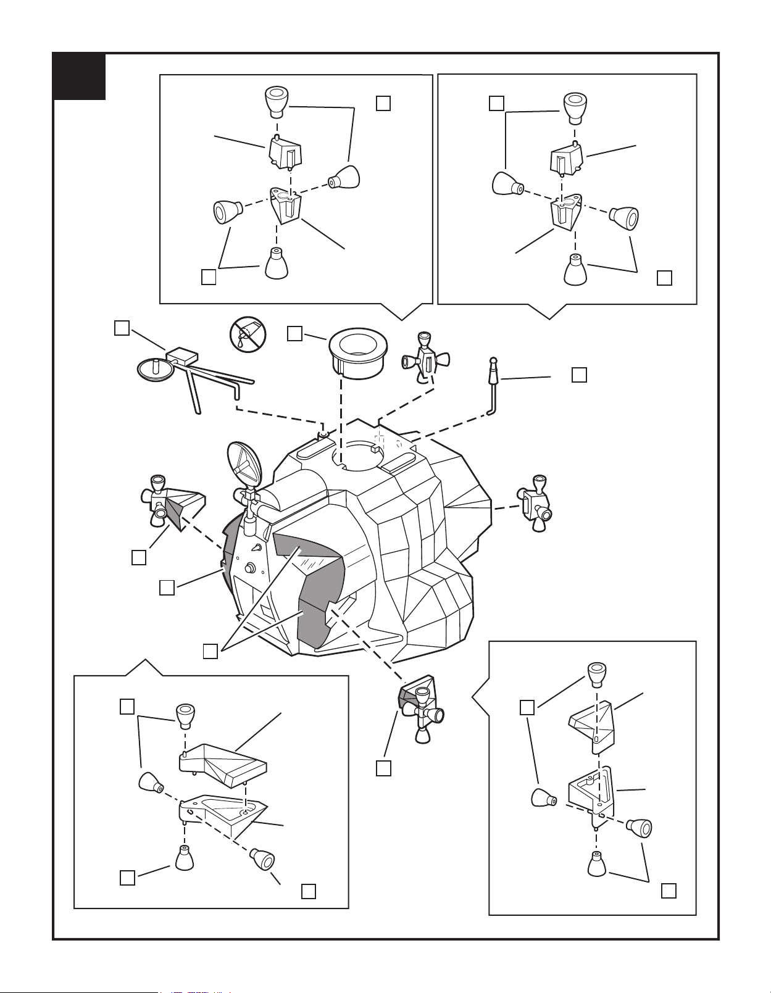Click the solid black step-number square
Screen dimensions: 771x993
[79, 77]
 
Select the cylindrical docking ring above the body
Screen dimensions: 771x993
[357, 353]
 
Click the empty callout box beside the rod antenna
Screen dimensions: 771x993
[578, 375]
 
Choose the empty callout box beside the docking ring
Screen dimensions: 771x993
[295, 333]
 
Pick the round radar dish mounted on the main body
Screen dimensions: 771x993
[244, 463]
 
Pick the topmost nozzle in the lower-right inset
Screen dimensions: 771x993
[596, 673]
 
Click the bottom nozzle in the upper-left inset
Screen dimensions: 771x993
[277, 264]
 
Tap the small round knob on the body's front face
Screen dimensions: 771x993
[250, 568]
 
